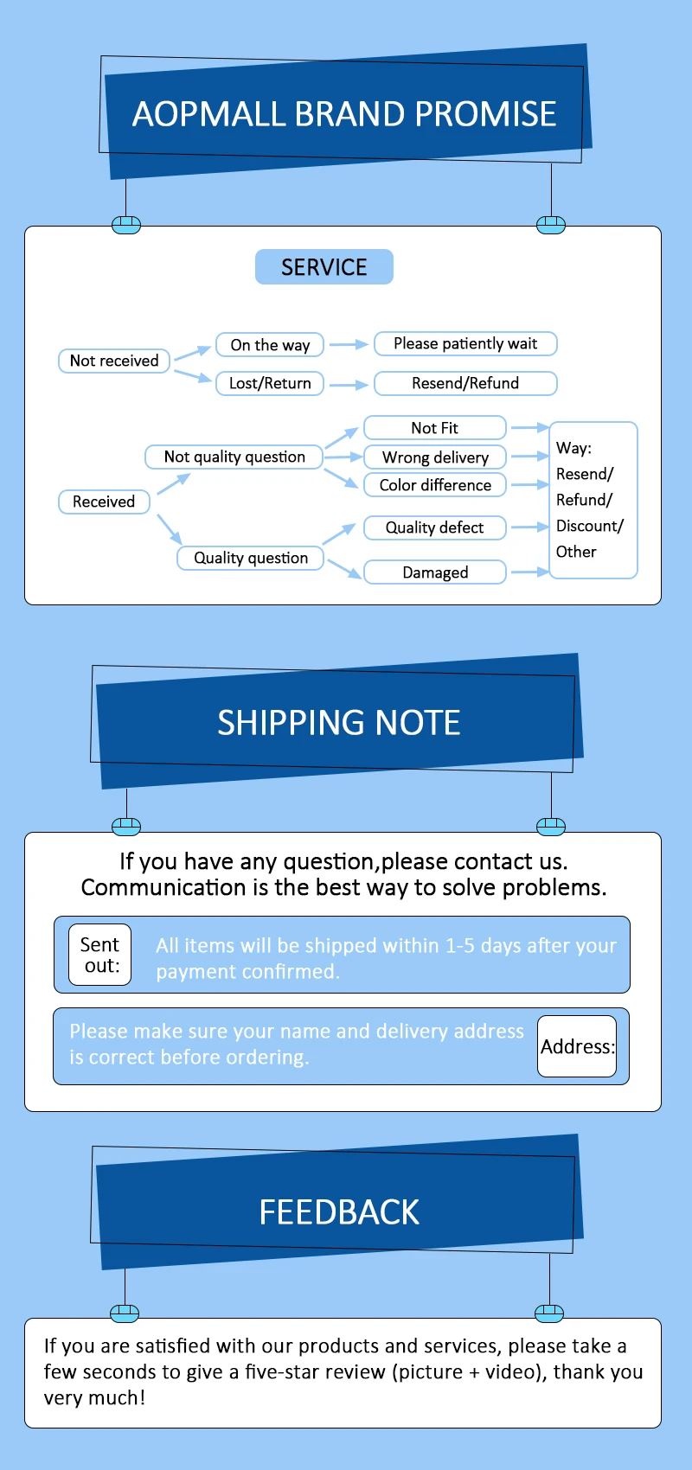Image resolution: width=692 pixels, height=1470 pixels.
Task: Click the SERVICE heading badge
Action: pos(324,267)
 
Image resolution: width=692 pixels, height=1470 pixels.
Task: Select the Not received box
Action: pos(114,361)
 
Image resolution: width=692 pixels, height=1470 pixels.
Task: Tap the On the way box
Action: pos(270,345)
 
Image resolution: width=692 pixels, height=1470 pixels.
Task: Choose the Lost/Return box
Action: pos(270,383)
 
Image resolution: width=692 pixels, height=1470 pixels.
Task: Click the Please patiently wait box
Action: pos(465,343)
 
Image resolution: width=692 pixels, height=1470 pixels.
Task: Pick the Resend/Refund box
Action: pos(465,383)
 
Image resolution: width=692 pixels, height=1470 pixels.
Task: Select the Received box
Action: pos(104,502)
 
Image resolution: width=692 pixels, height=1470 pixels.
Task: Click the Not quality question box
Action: pos(234,457)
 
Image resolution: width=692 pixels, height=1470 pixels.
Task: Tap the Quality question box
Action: pos(251,558)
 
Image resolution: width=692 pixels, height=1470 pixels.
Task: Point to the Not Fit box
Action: pos(434,428)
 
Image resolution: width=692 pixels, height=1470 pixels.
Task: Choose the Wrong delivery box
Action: pos(435,457)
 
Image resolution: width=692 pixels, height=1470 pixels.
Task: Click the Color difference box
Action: pos(435,485)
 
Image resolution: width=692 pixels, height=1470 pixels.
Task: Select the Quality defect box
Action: pos(434,527)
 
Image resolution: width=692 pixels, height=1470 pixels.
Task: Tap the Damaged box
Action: pos(435,572)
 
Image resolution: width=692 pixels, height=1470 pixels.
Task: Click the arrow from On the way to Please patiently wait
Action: pos(349,344)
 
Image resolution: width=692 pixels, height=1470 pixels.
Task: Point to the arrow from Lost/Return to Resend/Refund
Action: pos(349,385)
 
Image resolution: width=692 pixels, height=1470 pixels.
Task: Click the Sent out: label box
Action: pos(100,955)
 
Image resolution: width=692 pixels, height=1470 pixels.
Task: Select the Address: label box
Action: pos(577,1046)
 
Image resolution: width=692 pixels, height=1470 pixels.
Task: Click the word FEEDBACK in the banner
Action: pos(339,1212)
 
